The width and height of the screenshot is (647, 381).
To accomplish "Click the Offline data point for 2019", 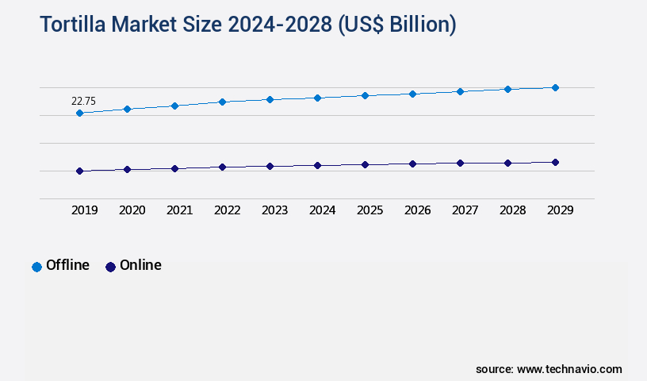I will point(79,113).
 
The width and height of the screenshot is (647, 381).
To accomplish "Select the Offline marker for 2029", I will point(555,87).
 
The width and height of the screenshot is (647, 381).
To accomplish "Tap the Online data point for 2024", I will point(317,165).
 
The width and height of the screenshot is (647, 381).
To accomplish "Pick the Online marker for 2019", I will point(79,171).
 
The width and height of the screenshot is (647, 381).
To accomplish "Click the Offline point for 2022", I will point(222,102).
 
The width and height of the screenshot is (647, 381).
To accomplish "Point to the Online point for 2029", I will point(555,162).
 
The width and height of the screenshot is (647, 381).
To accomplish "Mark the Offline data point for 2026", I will point(412,94).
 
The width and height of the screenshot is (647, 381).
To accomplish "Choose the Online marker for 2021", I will point(174,168).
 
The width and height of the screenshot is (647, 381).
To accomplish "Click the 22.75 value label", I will point(84,101).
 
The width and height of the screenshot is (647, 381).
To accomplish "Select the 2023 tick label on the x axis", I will point(274,210).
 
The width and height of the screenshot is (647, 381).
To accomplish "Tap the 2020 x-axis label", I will point(132,210).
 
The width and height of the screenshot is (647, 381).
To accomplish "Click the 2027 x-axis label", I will point(465,210).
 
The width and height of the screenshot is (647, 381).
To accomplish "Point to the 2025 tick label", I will point(369,210).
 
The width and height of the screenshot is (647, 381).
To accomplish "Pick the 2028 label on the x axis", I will point(512,210).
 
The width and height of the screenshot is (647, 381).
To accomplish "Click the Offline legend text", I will point(67,265).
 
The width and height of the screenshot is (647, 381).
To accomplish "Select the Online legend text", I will point(140,265).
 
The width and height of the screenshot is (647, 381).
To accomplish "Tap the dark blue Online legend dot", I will point(110,267).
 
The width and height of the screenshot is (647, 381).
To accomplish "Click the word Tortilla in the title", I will point(73,25).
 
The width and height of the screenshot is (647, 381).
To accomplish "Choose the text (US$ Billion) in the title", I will point(397,25).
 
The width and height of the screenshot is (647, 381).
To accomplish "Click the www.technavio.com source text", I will point(569,369).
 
